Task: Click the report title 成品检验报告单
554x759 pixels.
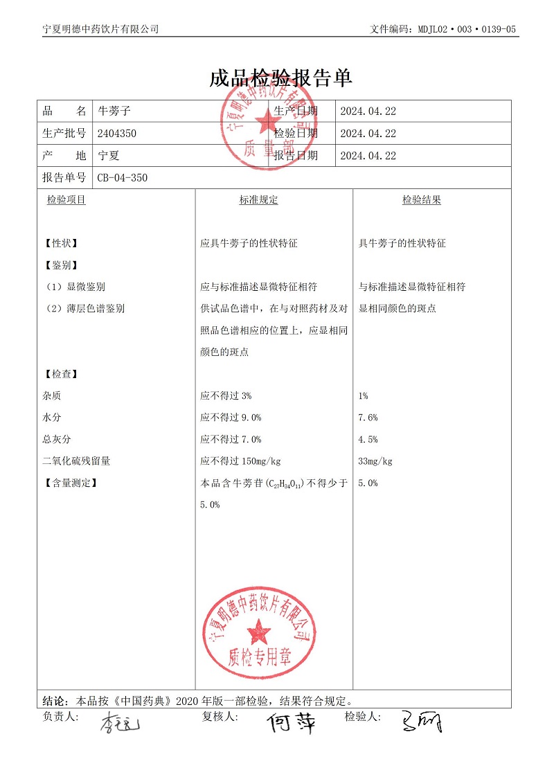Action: point(280,78)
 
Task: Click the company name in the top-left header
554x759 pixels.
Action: point(100,29)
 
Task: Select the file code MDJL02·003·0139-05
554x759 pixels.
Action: point(467,29)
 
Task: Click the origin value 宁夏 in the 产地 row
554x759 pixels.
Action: point(109,156)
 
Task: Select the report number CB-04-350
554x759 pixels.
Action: point(123,178)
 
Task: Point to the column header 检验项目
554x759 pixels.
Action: point(66,200)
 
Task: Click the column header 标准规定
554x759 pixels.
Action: point(258,200)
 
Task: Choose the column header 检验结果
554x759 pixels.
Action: point(422,200)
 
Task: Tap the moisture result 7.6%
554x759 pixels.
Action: point(368,418)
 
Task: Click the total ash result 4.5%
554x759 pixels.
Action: point(368,439)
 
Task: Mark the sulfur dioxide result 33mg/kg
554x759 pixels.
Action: point(375,461)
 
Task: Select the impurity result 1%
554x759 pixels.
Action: point(364,396)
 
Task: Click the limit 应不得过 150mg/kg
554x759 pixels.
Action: point(240,461)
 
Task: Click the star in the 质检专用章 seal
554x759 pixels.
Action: point(260,631)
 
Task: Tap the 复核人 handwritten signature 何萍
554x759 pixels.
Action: point(292,722)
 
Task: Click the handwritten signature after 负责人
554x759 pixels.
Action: point(119,724)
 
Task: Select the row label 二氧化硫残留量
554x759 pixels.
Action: point(76,461)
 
